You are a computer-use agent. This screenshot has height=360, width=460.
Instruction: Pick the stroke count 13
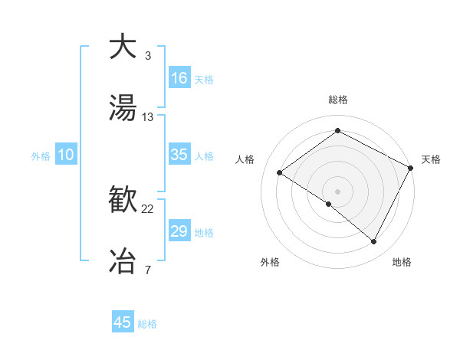(148, 117)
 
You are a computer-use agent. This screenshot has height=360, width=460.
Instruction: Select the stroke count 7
(148, 270)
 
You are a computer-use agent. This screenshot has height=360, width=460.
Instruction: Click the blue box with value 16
(179, 78)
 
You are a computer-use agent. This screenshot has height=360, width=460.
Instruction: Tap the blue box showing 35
(179, 155)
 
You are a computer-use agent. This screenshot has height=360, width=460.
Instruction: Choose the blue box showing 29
(179, 231)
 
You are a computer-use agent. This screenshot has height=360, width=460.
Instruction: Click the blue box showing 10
(66, 155)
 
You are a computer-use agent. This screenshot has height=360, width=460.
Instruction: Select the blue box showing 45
(123, 322)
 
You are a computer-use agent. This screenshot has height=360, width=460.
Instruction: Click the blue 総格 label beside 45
(147, 324)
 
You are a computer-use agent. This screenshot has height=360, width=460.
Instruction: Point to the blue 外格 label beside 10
(41, 156)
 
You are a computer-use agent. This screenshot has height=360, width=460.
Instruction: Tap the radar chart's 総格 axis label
(338, 100)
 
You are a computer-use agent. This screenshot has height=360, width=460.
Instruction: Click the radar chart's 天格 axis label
(431, 159)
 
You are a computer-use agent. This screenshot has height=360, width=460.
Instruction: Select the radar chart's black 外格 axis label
(270, 262)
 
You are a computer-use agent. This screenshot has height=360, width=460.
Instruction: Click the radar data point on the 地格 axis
(374, 242)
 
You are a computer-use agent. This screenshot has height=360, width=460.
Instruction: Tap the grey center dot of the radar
(337, 191)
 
